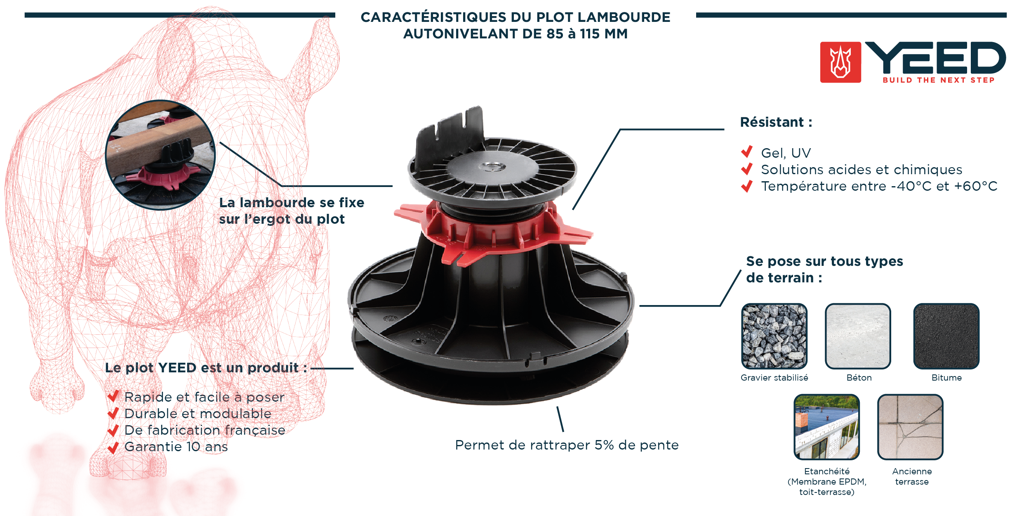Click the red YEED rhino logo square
(840, 62)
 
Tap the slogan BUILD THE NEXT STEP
(938, 80)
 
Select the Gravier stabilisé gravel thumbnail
(774, 336)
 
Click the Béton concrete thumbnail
(858, 336)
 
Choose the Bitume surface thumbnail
(946, 336)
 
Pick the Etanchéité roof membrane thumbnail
(826, 427)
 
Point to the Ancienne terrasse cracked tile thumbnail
(910, 427)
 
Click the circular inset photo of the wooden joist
(160, 155)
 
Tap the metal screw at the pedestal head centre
(493, 167)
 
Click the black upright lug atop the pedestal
(450, 132)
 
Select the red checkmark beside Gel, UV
(747, 152)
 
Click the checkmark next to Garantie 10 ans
(113, 447)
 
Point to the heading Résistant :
(776, 122)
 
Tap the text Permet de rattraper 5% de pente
(567, 445)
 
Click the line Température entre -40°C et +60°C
(879, 186)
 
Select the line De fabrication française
(205, 430)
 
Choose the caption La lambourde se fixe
(292, 203)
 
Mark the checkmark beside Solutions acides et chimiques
(747, 169)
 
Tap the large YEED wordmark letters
(935, 58)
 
